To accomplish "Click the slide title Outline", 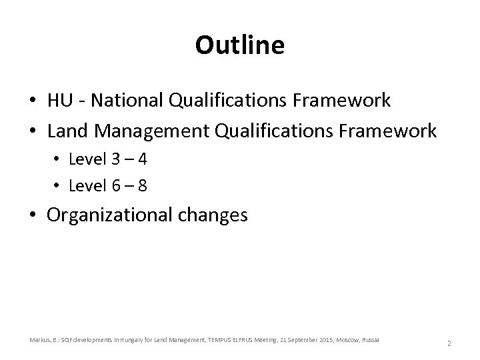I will click(240, 45).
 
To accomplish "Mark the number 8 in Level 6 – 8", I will click(142, 186).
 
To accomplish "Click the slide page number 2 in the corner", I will click(449, 343).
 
